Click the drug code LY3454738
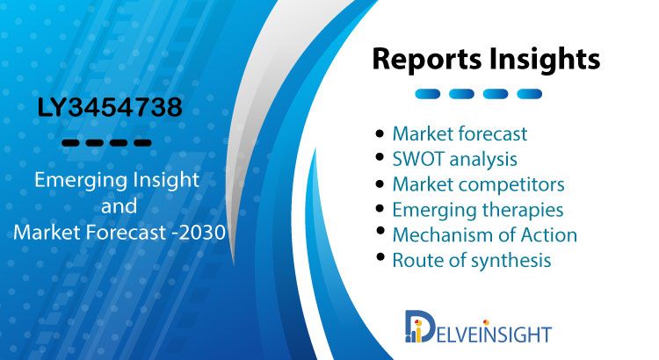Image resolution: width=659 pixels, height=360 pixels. pyautogui.click(x=110, y=107)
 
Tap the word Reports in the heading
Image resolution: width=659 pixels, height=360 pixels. pyautogui.click(x=426, y=59)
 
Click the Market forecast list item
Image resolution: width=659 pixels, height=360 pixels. pyautogui.click(x=460, y=134)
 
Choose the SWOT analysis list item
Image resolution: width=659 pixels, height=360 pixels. pyautogui.click(x=455, y=159)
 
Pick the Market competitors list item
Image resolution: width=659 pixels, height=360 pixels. pyautogui.click(x=478, y=184)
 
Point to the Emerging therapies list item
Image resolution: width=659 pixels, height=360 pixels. pyautogui.click(x=478, y=210)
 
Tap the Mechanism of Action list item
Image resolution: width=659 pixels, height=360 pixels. pyautogui.click(x=484, y=234)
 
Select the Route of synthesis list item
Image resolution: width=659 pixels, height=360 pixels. pyautogui.click(x=472, y=260)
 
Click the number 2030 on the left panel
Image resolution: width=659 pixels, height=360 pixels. pyautogui.click(x=202, y=233)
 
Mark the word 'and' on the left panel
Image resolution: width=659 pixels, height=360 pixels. pyautogui.click(x=119, y=205)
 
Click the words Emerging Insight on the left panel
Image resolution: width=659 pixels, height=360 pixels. pyautogui.click(x=116, y=181)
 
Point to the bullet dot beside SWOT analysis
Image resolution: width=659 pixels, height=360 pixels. pyautogui.click(x=380, y=157)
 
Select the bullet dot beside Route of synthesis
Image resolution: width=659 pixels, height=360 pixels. pyautogui.click(x=380, y=256)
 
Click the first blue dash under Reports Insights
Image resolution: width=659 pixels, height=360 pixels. pyautogui.click(x=427, y=94)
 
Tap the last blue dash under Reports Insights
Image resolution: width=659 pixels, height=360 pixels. pyautogui.click(x=529, y=94)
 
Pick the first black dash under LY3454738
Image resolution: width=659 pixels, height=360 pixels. pyautogui.click(x=70, y=143)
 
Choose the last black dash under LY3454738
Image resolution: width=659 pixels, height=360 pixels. pyautogui.click(x=142, y=143)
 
